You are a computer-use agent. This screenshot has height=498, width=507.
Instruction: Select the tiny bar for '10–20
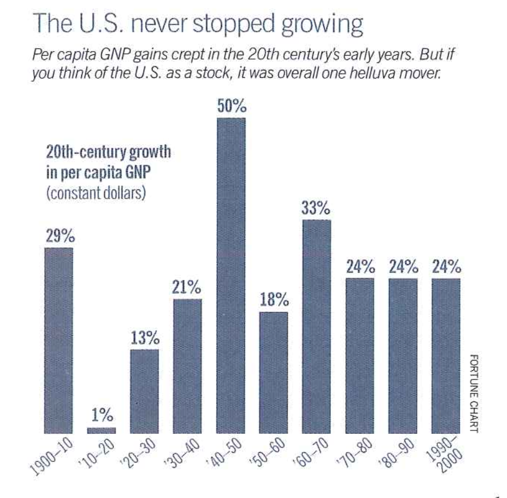101,430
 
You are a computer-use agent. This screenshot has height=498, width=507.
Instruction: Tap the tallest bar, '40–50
231,275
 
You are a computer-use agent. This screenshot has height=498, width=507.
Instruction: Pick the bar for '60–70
316,326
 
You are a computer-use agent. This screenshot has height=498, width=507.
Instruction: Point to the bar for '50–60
274,372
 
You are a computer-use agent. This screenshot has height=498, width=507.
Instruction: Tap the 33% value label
316,209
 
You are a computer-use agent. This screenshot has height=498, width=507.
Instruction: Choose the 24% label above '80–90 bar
403,267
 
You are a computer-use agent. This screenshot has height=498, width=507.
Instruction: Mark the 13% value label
144,338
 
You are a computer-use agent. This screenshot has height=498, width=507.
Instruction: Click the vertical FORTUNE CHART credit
474,394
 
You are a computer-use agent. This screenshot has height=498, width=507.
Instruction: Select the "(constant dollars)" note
94,191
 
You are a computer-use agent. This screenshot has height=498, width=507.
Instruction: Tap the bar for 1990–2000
446,355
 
